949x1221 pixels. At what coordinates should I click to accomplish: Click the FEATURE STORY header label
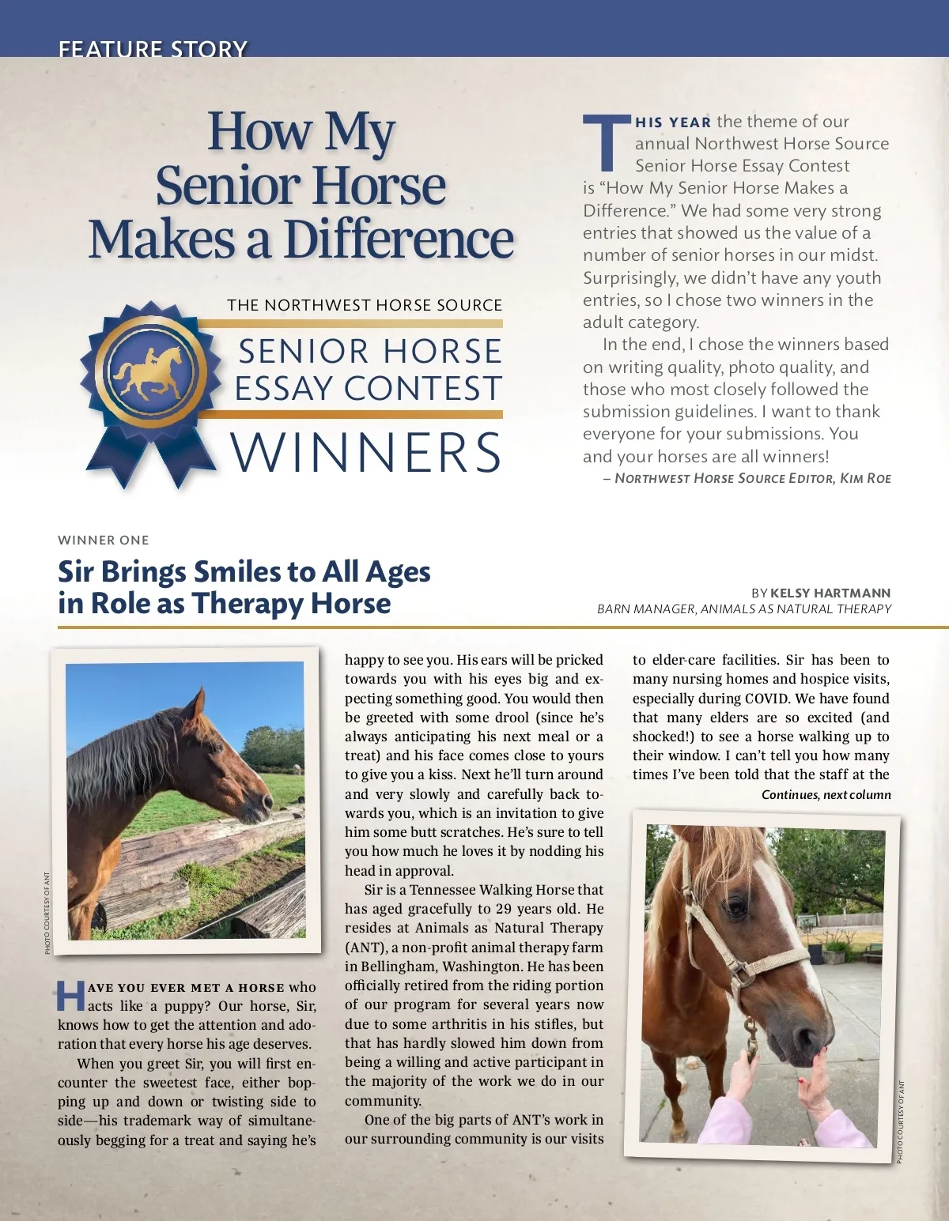tap(153, 49)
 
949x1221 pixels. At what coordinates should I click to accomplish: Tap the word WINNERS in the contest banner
tap(367, 453)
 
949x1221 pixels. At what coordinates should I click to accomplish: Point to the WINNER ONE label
tap(104, 541)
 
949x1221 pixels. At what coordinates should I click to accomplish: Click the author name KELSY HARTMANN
tap(830, 593)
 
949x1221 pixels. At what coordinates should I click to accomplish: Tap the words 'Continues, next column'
tap(826, 795)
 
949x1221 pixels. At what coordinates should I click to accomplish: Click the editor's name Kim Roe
tap(866, 478)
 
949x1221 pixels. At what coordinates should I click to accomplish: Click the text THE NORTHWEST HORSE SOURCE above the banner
tap(365, 305)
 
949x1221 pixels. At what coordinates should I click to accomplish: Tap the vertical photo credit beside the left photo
tap(47, 913)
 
